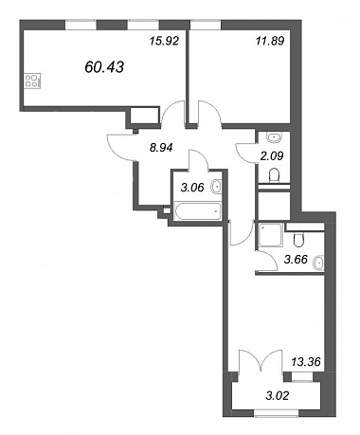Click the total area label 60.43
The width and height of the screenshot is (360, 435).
tap(104, 67)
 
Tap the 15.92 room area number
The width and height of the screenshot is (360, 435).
tap(164, 41)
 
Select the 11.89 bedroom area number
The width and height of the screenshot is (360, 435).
tap(270, 41)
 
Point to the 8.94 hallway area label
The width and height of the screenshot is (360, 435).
tap(161, 147)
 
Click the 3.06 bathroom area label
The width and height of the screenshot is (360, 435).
tap(192, 188)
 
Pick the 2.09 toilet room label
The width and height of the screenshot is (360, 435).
tap(272, 155)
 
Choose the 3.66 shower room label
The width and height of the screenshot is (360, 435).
tap(296, 260)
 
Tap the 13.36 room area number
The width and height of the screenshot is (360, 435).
tap(306, 361)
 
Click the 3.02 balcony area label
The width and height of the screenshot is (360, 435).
tap(278, 395)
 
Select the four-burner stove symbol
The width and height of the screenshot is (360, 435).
tap(32, 81)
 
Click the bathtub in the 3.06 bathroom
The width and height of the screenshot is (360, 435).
tap(198, 211)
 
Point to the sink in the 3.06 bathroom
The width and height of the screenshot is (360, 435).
tap(217, 186)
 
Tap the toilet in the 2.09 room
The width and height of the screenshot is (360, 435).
tap(274, 175)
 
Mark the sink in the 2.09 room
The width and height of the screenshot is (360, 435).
tap(275, 137)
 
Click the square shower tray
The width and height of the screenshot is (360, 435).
tap(270, 236)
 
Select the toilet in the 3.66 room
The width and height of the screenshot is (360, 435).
tap(298, 240)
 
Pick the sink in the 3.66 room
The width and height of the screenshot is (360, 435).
tap(318, 263)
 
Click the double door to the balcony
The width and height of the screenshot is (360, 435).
tap(261, 361)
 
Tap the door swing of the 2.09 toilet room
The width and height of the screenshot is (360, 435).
tap(245, 154)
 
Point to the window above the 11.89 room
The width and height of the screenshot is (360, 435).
tap(206, 25)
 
